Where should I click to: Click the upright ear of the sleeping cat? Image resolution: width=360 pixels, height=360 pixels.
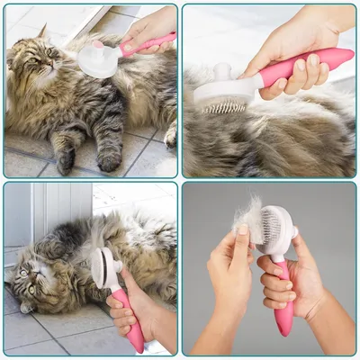coord(42,33)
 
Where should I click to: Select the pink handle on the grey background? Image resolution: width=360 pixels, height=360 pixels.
coord(284,297)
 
